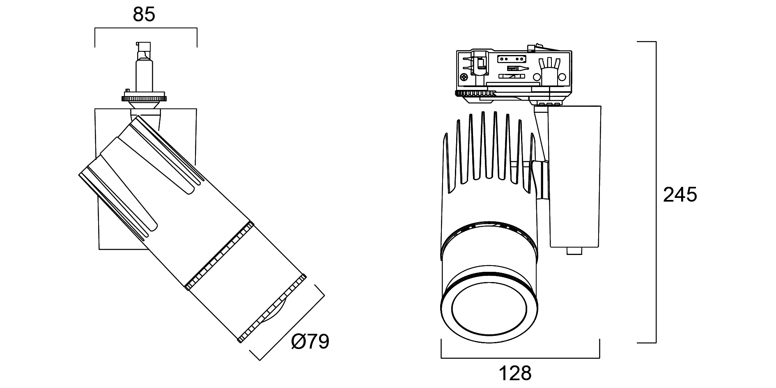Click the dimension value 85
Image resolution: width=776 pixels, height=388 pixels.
point(144,14)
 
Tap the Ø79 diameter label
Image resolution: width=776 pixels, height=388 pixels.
point(310,341)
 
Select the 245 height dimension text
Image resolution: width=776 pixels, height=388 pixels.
point(680,195)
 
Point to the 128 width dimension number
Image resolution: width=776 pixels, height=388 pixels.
point(515,374)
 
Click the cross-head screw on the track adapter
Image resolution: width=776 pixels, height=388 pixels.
point(464,77)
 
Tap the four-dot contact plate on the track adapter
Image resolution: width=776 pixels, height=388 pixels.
point(512,59)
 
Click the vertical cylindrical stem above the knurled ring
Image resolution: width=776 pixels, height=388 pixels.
point(145,74)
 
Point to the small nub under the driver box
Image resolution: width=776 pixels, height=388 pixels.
point(574,251)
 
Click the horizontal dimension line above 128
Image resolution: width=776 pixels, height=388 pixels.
point(520,358)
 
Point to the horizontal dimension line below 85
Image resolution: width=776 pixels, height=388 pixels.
point(146,28)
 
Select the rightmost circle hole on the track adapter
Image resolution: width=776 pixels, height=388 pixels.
point(562,77)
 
